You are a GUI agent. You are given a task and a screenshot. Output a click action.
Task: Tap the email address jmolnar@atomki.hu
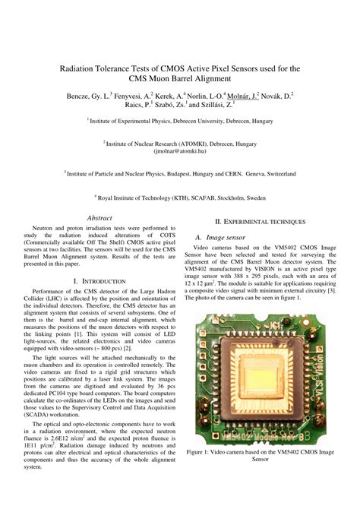tap(180, 150)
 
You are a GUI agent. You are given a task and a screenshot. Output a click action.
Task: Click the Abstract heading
tap(100, 218)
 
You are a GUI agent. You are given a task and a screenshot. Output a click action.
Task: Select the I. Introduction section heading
tap(99, 281)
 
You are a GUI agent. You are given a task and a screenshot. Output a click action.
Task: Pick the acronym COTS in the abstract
tap(164, 235)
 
